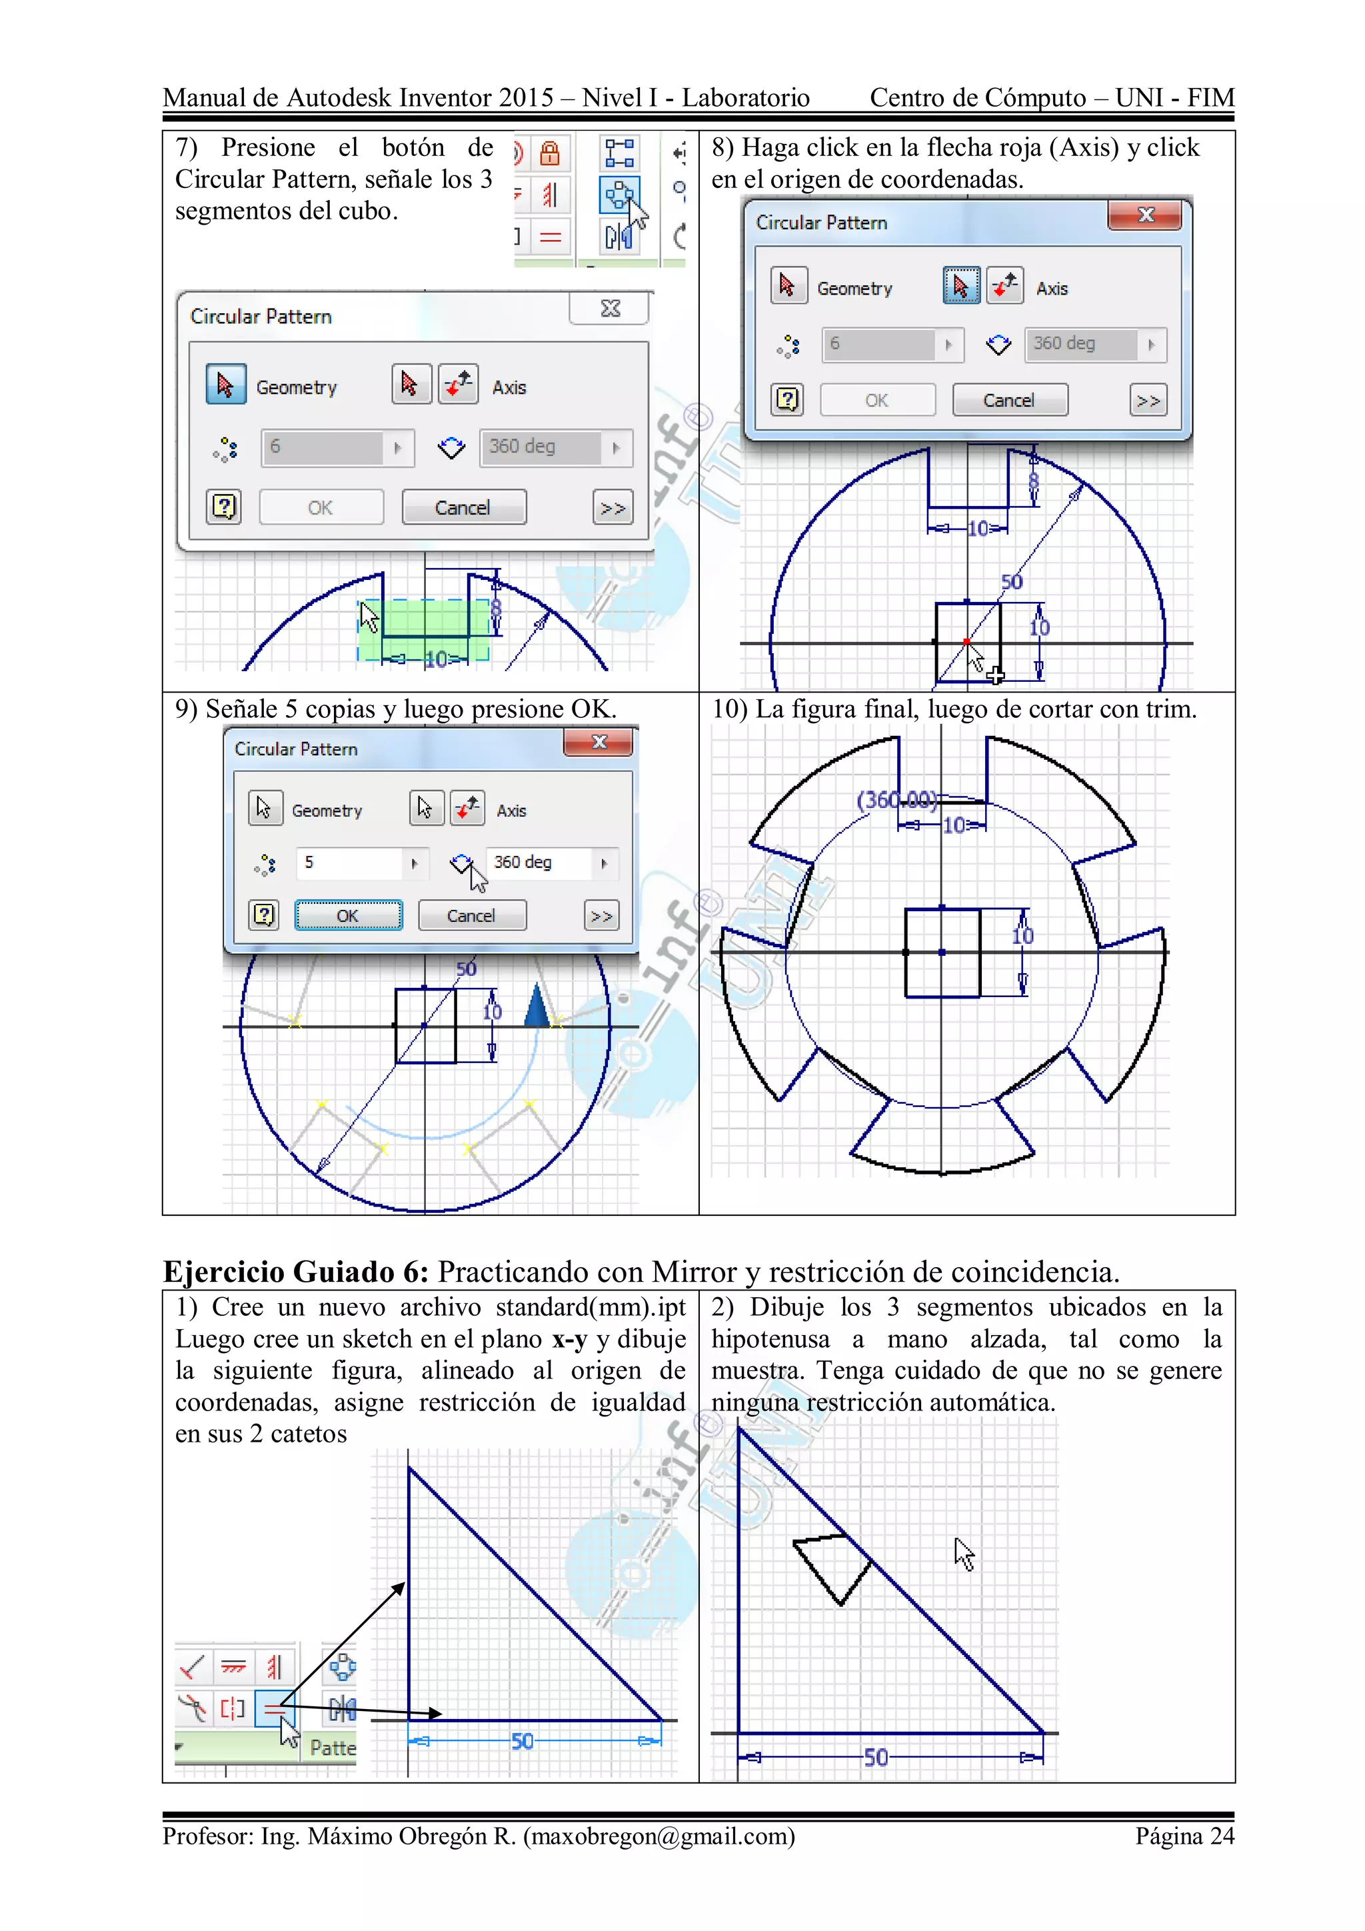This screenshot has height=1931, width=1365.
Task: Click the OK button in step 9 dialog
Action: (x=348, y=915)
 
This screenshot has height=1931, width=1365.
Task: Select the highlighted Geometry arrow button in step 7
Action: (x=225, y=385)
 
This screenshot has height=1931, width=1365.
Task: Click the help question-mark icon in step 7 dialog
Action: (x=224, y=507)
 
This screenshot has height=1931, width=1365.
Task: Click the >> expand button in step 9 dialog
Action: (x=601, y=916)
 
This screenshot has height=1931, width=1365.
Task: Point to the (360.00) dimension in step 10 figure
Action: (x=896, y=799)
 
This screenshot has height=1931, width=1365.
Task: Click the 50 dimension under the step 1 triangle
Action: (x=523, y=1741)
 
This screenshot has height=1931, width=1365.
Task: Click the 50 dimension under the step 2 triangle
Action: (x=876, y=1757)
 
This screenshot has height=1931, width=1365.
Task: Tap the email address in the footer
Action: (x=659, y=1836)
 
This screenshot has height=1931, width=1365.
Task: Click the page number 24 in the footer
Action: (x=1221, y=1836)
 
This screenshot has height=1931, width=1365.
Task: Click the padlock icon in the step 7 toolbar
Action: (x=549, y=154)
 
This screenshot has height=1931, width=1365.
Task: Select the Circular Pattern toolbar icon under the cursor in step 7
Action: (x=619, y=195)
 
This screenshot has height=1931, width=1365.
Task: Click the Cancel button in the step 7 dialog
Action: (x=463, y=507)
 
